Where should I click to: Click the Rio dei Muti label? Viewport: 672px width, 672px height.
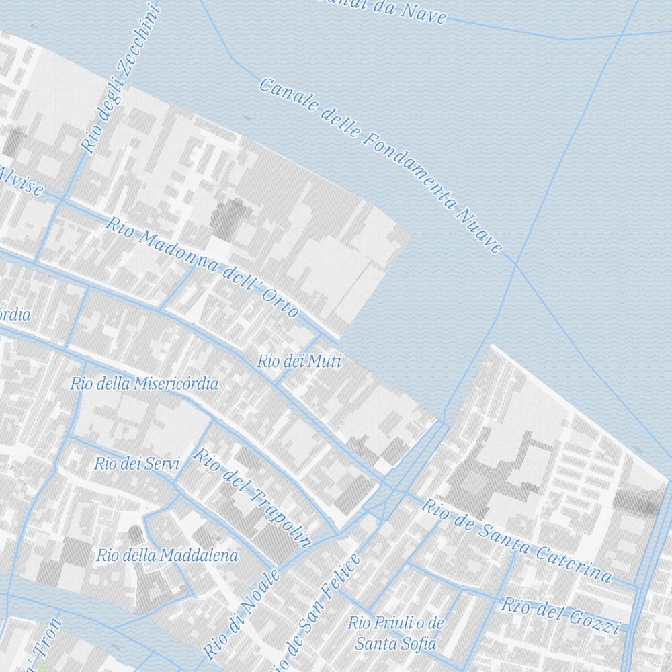click(x=299, y=362)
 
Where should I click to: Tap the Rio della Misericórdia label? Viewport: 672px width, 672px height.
click(x=144, y=384)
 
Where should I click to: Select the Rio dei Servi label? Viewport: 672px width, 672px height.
click(x=137, y=463)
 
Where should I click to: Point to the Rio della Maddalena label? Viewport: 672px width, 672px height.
click(x=167, y=556)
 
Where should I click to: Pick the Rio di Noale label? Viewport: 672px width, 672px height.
click(x=241, y=613)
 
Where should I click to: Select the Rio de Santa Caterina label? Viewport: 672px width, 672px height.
click(x=516, y=540)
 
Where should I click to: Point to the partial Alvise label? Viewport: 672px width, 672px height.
click(x=20, y=181)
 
